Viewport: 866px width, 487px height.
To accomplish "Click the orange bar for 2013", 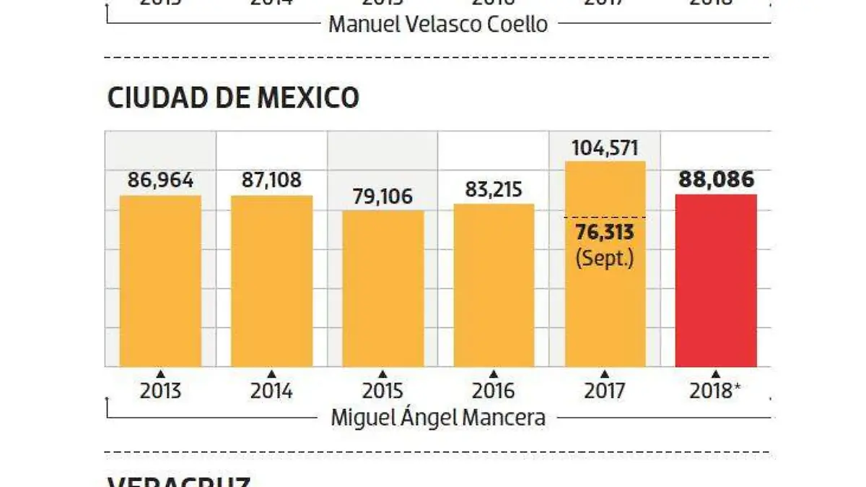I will (x=160, y=282).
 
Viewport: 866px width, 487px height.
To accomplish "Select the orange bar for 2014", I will (x=271, y=282).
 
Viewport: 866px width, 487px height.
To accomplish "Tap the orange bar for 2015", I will (x=382, y=289).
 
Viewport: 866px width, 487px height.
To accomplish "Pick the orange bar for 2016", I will (x=494, y=285).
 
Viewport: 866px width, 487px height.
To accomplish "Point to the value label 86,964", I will (x=160, y=180).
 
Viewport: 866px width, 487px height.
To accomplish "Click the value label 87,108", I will (x=271, y=180).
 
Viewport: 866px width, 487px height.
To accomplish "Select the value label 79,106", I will (x=382, y=196).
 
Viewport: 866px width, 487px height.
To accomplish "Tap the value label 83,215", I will (x=494, y=189).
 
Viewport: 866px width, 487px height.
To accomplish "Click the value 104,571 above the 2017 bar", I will (x=605, y=148).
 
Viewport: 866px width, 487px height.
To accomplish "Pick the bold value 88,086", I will (x=716, y=179).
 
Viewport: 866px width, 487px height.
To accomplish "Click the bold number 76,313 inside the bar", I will (x=605, y=232).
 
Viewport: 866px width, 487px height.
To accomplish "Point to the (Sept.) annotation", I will (x=605, y=257).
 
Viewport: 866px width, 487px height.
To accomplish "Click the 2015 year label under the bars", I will (x=382, y=391).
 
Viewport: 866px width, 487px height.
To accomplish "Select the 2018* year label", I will (x=716, y=391).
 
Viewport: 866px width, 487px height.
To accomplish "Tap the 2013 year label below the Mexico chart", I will (x=160, y=391).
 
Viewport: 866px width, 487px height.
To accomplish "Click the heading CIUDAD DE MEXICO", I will (x=232, y=98).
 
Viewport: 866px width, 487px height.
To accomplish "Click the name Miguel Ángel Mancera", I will (x=438, y=418).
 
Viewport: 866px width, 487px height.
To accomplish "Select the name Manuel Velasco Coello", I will (x=438, y=25).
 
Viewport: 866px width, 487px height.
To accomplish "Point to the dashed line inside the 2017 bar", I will (x=605, y=217).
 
